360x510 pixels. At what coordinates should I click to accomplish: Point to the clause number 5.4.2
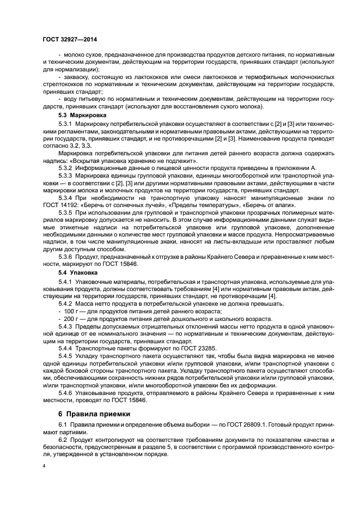[x=67, y=302]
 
